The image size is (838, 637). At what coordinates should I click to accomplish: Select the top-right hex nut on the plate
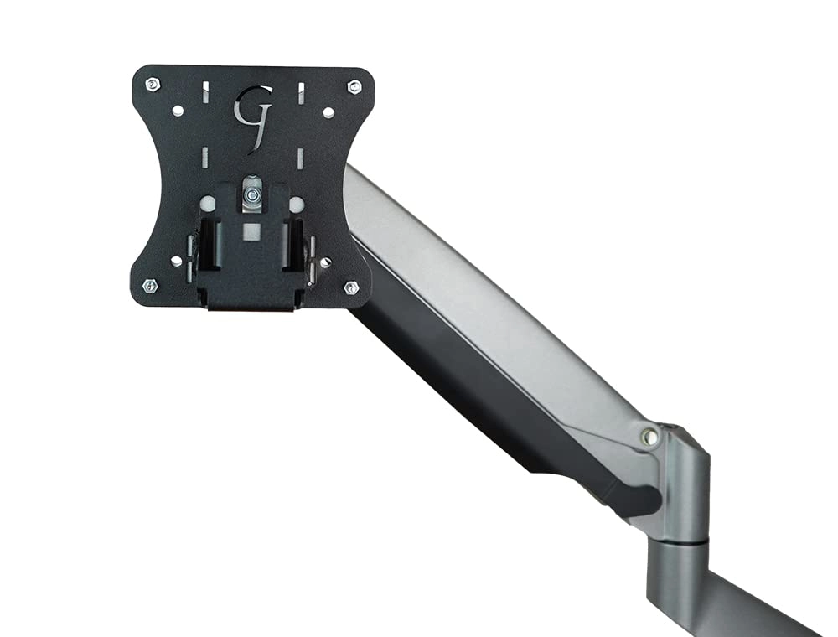click(x=354, y=86)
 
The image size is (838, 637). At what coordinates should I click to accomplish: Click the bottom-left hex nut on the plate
click(x=150, y=285)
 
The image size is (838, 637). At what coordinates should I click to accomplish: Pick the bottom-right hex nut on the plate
click(x=350, y=287)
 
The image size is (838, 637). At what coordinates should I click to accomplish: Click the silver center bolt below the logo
click(x=251, y=194)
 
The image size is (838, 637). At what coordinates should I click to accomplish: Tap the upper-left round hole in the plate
click(x=177, y=111)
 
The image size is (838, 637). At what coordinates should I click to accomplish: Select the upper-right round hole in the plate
click(x=328, y=111)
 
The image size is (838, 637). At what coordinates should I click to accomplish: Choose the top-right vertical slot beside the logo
click(x=300, y=91)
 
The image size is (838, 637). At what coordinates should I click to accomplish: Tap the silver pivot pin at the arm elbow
click(x=648, y=436)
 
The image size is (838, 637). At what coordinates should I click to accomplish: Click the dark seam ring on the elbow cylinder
click(x=679, y=545)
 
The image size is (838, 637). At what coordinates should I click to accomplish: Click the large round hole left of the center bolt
click(x=206, y=203)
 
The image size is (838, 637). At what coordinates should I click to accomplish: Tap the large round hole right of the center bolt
click(x=296, y=204)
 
